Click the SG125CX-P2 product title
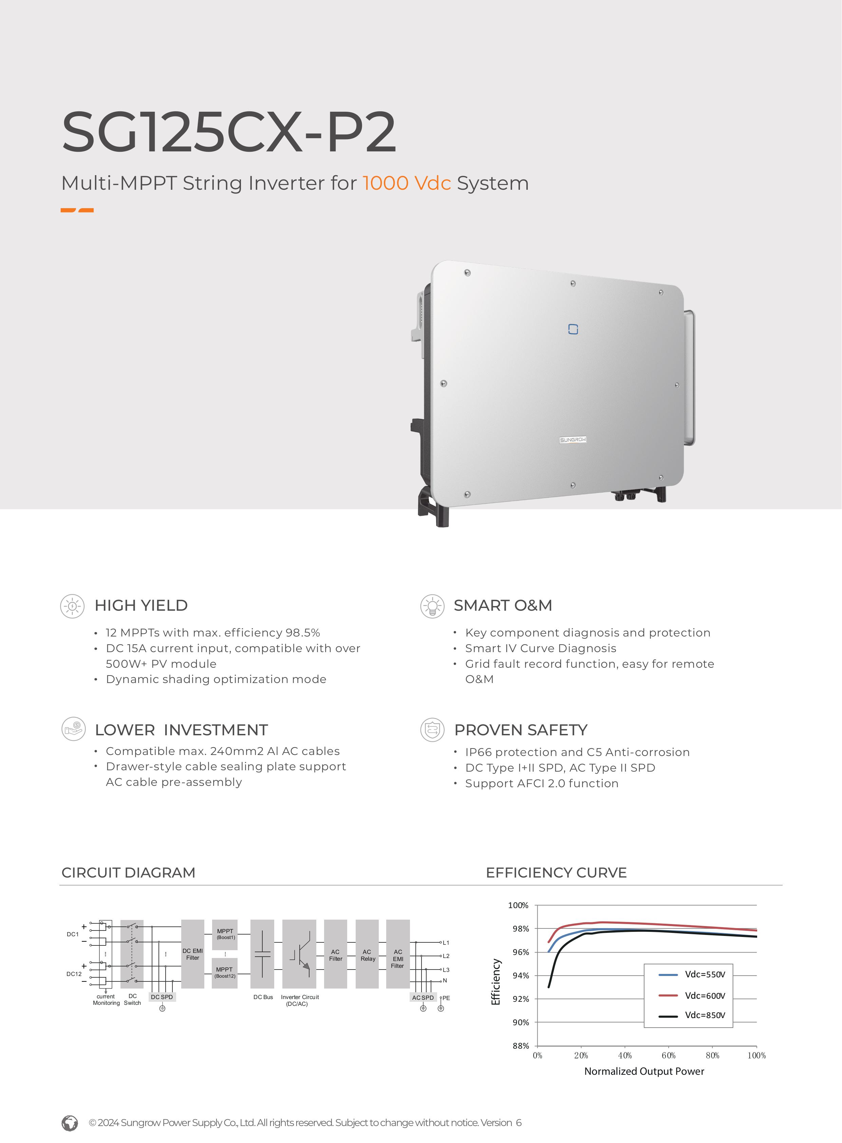tap(228, 132)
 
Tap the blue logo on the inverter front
tap(573, 329)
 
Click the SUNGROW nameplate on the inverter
tap(573, 440)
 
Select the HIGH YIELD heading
tap(141, 605)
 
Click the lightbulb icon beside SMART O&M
tap(432, 606)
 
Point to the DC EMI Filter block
tap(193, 954)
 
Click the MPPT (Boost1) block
tap(225, 934)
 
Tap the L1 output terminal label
tap(446, 943)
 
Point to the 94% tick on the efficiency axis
tap(520, 976)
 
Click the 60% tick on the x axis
tap(669, 1055)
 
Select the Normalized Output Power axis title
tap(644, 1071)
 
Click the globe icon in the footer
tap(70, 1123)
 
